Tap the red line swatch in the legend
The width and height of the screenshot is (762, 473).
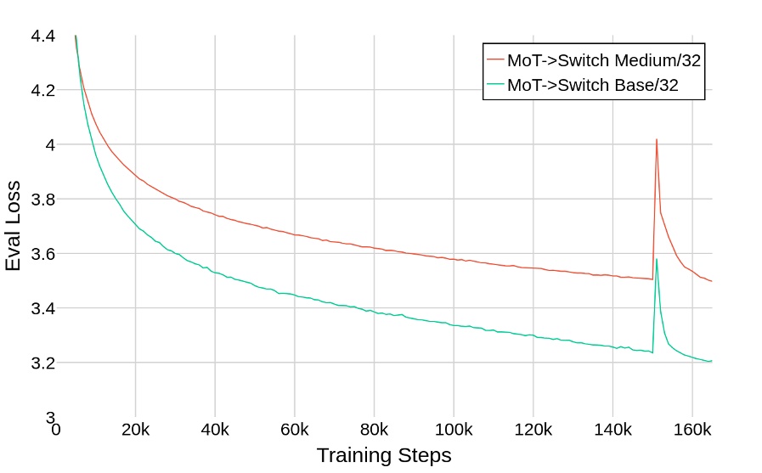pyautogui.click(x=495, y=60)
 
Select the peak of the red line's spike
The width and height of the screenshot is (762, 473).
pyautogui.click(x=657, y=139)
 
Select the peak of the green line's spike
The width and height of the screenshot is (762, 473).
pyautogui.click(x=657, y=259)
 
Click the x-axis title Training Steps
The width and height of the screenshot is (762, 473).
pyautogui.click(x=384, y=455)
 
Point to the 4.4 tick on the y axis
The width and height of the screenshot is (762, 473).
pyautogui.click(x=42, y=36)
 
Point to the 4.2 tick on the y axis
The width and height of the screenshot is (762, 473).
pyautogui.click(x=42, y=90)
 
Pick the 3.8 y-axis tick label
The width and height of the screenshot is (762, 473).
pyautogui.click(x=42, y=200)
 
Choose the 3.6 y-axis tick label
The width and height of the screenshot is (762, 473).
pyautogui.click(x=42, y=254)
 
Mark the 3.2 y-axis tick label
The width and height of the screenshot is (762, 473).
pyautogui.click(x=42, y=363)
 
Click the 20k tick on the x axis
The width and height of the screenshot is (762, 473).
pyautogui.click(x=135, y=430)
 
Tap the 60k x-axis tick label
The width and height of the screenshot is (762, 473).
pyautogui.click(x=294, y=430)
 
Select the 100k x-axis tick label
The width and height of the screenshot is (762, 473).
pyautogui.click(x=454, y=430)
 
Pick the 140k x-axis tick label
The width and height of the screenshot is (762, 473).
pyautogui.click(x=612, y=430)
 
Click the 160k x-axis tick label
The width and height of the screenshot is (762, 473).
pyautogui.click(x=691, y=430)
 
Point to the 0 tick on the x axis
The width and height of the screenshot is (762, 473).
pyautogui.click(x=56, y=430)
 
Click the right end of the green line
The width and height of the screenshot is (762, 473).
pyautogui.click(x=711, y=361)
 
